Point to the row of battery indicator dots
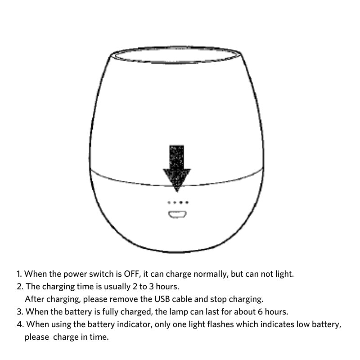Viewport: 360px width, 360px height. coord(177,203)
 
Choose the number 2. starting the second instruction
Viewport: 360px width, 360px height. coord(20,286)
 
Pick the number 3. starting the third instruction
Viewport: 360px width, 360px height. coord(20,311)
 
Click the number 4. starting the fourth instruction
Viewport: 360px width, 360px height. coord(20,324)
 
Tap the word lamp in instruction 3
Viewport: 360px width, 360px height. coord(179,311)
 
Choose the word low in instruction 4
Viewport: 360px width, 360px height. coord(295,324)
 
